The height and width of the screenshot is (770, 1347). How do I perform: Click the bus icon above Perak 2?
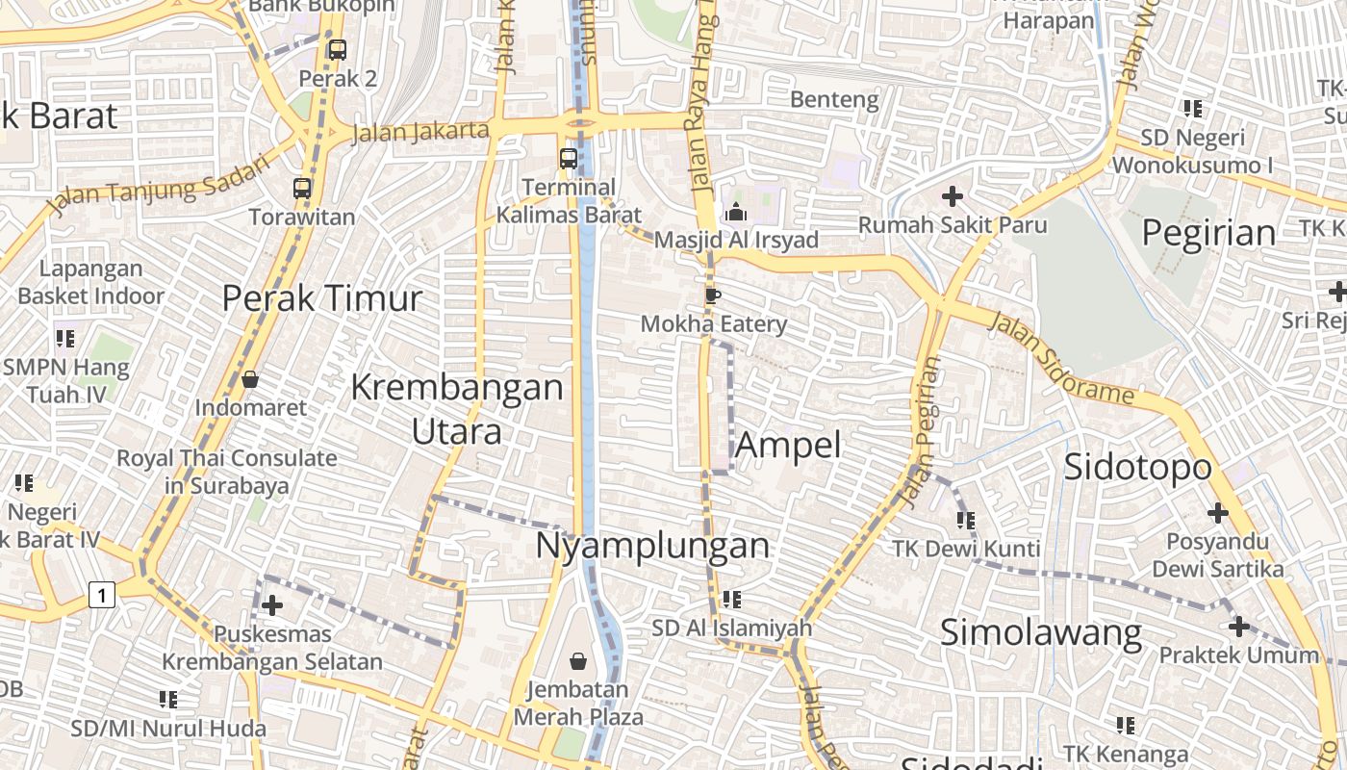[337, 50]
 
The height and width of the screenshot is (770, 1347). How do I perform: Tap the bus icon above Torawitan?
[302, 189]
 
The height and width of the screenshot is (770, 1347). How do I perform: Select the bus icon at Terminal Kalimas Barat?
[569, 159]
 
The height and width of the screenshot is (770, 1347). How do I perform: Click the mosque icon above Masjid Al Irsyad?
[736, 212]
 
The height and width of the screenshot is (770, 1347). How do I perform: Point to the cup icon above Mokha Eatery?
[712, 295]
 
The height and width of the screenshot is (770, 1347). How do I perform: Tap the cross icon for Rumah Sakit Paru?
[953, 197]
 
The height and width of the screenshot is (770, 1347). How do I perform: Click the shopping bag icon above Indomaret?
[250, 380]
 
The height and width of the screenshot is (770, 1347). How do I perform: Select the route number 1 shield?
[101, 596]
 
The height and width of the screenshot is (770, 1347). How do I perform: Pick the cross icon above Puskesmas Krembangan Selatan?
[272, 605]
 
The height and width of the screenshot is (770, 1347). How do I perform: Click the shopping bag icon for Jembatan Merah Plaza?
[578, 661]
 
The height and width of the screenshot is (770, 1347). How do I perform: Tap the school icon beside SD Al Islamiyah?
[732, 600]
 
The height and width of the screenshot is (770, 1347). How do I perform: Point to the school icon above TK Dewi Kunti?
[966, 521]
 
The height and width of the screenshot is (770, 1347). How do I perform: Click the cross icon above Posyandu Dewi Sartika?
[1218, 513]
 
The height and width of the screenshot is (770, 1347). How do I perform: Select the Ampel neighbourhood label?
[788, 446]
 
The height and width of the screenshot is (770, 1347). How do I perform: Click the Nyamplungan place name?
[652, 546]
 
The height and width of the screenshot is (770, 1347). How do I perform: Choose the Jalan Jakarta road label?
[420, 131]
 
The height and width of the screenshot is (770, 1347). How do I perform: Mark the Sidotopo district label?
[1137, 467]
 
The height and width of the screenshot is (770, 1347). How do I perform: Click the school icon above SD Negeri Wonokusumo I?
[1193, 109]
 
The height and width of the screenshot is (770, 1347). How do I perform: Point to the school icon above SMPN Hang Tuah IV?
[65, 338]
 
